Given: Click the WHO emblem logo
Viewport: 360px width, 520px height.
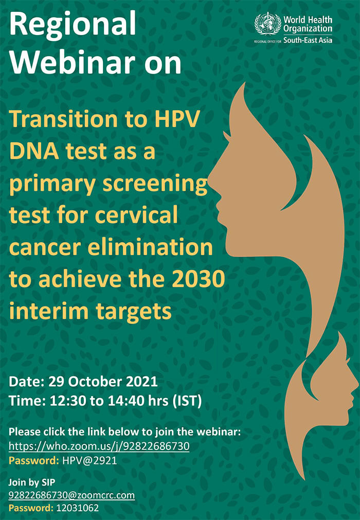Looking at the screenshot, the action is [x=267, y=24].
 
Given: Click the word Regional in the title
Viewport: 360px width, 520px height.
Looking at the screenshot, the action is [x=73, y=24].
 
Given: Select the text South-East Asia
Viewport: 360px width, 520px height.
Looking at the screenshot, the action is [x=308, y=41].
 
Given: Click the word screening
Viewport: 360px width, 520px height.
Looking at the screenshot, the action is [x=155, y=184].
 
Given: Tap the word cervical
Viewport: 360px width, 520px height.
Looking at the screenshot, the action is [x=136, y=215].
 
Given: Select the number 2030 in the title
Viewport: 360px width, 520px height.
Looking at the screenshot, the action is [x=199, y=279].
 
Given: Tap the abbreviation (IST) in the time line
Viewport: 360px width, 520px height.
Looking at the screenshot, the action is [x=187, y=401].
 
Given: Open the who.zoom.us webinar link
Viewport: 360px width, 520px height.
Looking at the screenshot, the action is [x=99, y=446].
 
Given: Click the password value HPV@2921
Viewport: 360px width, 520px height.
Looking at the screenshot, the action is [x=89, y=461].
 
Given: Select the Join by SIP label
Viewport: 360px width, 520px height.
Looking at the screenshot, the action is [x=32, y=482].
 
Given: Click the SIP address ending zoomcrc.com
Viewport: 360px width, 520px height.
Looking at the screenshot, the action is [x=71, y=495].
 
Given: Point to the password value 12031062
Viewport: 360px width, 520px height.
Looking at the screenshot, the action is [x=78, y=508].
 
